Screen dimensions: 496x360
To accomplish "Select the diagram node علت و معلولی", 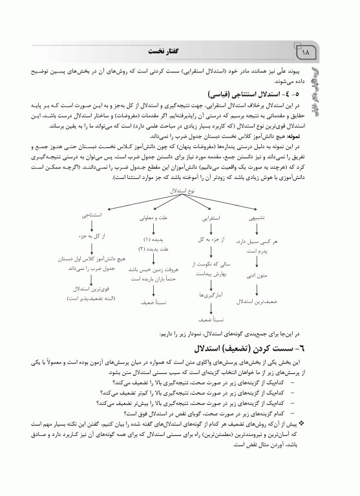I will [153, 219].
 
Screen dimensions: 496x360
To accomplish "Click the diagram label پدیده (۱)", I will [154, 240].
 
